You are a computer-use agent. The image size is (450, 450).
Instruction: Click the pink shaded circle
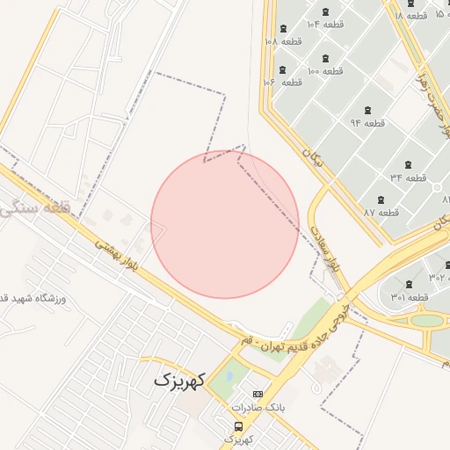[225, 224]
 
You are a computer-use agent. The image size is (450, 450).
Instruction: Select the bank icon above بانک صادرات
[258, 394]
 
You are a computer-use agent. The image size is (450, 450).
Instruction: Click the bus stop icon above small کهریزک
[238, 426]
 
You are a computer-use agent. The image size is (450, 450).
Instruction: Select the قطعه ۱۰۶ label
[282, 82]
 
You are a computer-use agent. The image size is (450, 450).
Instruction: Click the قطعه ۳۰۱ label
[410, 297]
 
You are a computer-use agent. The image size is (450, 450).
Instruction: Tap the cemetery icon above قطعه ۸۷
[381, 200]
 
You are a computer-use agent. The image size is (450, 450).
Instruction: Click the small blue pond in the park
[229, 375]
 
